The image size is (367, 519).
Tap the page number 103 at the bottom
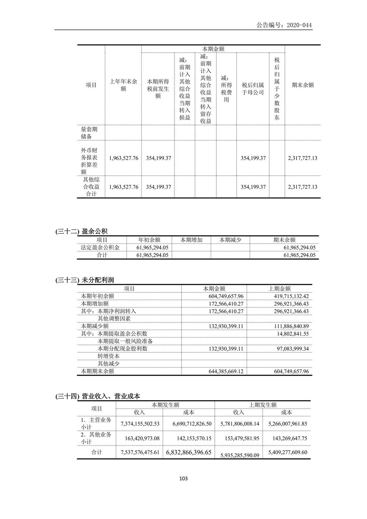click(x=183, y=478)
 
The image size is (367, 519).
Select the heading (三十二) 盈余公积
click(x=81, y=232)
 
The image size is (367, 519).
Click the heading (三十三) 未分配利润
click(x=85, y=280)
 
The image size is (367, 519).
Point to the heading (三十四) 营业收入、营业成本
click(x=98, y=396)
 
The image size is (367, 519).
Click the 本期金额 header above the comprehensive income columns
click(x=213, y=49)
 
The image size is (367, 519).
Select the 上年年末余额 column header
click(x=123, y=85)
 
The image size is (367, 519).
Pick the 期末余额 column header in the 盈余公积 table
click(x=284, y=240)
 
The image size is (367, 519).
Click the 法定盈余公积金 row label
click(x=100, y=248)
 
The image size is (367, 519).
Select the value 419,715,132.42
click(x=291, y=296)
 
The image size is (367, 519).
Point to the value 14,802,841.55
click(x=293, y=334)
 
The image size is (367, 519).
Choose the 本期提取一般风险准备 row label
click(x=125, y=341)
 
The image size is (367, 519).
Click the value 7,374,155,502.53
click(x=140, y=424)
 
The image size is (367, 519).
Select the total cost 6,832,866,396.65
click(x=189, y=452)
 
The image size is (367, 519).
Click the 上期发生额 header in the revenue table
click(x=263, y=405)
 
